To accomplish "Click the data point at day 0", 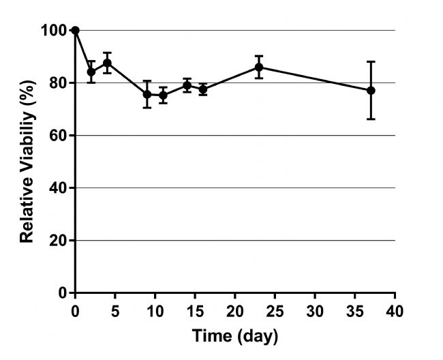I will pos(75,30).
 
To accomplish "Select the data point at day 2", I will pos(91,72).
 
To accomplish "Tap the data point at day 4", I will pos(107,63).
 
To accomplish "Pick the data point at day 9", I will pos(147,94).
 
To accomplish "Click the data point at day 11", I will pos(163,95).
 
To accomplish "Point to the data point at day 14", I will pos(187,86).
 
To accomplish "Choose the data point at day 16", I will pos(203,89).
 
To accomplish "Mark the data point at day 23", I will pos(259,67).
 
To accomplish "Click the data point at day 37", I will pos(371,90).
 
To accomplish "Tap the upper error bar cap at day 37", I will pos(371,61).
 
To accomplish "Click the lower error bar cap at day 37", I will pos(371,119).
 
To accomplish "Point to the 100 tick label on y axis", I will pos(57,31).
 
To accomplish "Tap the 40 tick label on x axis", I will pos(395,312).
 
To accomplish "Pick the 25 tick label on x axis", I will pos(275,312).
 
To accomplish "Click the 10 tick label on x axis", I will pos(155,312).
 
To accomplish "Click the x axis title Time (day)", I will pos(235,336).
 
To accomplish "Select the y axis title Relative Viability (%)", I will pos(27,162).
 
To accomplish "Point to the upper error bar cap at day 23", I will pos(259,56).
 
